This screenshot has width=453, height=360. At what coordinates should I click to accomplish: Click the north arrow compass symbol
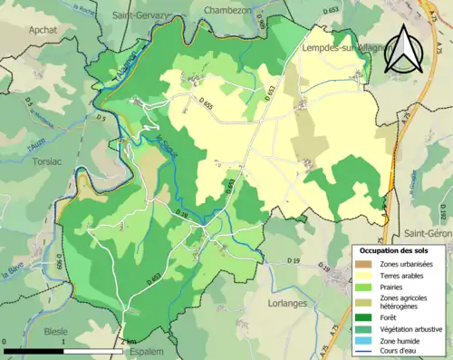click(x=403, y=50)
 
